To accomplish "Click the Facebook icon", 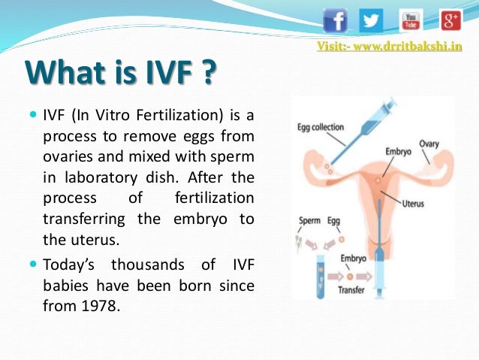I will [x=336, y=20].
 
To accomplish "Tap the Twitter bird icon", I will [x=371, y=20].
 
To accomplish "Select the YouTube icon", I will [x=411, y=20].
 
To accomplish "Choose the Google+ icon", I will [x=450, y=20].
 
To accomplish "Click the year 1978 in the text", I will [x=103, y=306].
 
